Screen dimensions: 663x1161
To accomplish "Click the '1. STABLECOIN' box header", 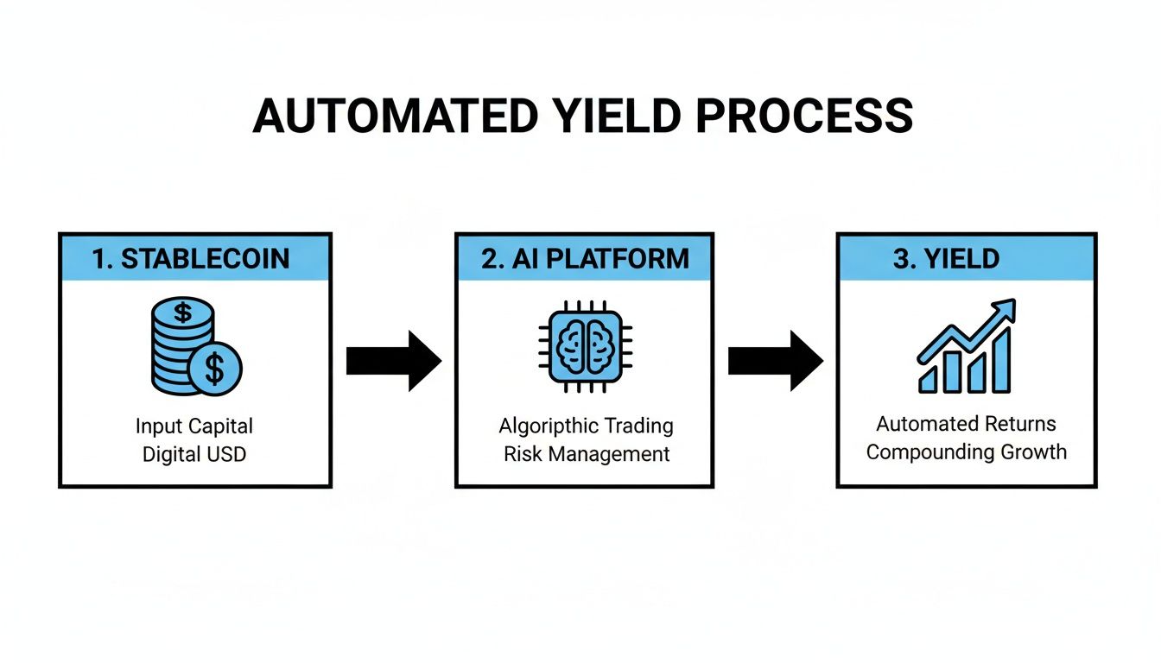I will pyautogui.click(x=194, y=259).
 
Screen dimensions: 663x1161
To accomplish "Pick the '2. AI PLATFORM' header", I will pyautogui.click(x=585, y=259).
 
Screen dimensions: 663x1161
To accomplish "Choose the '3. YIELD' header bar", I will pyautogui.click(x=967, y=259).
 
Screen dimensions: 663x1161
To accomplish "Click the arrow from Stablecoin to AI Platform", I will pyautogui.click(x=393, y=360).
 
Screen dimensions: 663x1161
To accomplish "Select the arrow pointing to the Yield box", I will pyautogui.click(x=775, y=360).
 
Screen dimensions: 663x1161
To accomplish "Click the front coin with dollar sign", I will pyautogui.click(x=216, y=369).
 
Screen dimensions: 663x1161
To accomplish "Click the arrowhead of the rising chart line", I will pyautogui.click(x=1006, y=311).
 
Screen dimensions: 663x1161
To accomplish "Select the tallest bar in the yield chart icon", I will pyautogui.click(x=1002, y=361).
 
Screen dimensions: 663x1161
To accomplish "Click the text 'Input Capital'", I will pyautogui.click(x=194, y=426).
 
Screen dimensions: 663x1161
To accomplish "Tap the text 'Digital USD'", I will pyautogui.click(x=194, y=453).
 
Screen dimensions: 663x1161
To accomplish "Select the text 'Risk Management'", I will pyautogui.click(x=587, y=453).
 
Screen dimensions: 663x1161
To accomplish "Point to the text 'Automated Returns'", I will pyautogui.click(x=966, y=424).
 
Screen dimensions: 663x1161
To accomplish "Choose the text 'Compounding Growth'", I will pyautogui.click(x=966, y=451).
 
